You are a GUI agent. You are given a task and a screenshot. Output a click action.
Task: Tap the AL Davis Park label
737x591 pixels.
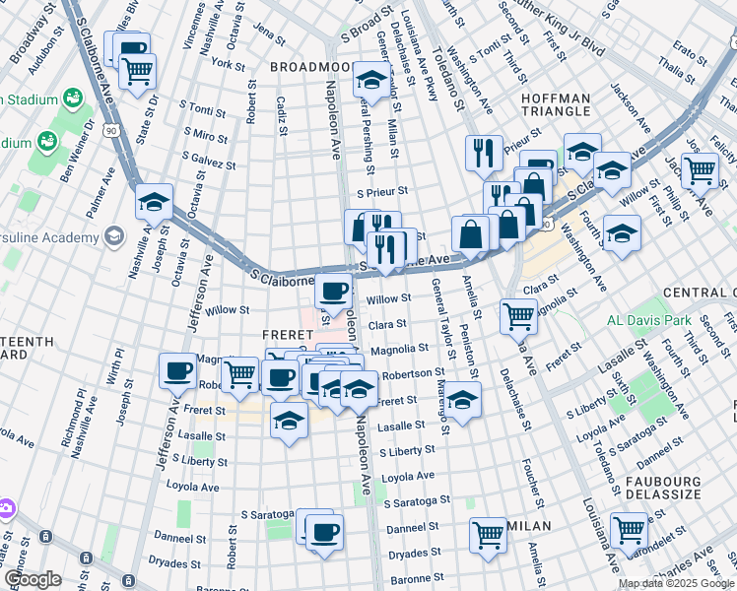(647, 321)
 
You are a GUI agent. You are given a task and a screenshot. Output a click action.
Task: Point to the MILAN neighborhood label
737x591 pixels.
(529, 526)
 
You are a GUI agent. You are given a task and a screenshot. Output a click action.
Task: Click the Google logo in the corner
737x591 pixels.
(33, 579)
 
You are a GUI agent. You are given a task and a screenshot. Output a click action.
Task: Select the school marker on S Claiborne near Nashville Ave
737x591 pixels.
(154, 202)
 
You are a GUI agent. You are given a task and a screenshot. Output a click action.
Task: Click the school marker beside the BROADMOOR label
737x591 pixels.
(371, 79)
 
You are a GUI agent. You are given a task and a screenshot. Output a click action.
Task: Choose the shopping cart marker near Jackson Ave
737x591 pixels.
(700, 169)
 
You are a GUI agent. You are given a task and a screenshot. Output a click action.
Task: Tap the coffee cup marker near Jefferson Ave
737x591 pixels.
(178, 370)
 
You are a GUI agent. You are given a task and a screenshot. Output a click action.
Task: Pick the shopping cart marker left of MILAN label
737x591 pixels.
(488, 535)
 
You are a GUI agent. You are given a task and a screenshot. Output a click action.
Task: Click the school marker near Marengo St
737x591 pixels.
(462, 399)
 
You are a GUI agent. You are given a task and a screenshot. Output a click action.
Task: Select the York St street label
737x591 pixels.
(228, 64)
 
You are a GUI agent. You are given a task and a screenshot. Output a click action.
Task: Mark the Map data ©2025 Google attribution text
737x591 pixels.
(676, 583)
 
